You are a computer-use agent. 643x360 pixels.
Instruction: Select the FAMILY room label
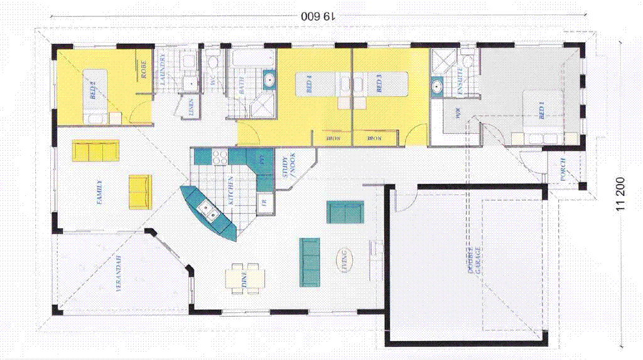(99, 192)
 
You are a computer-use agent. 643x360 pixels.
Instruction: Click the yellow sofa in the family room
(95, 151)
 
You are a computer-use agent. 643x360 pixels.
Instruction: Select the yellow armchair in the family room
(139, 192)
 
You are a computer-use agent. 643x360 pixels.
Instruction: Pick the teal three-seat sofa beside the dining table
(310, 261)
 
